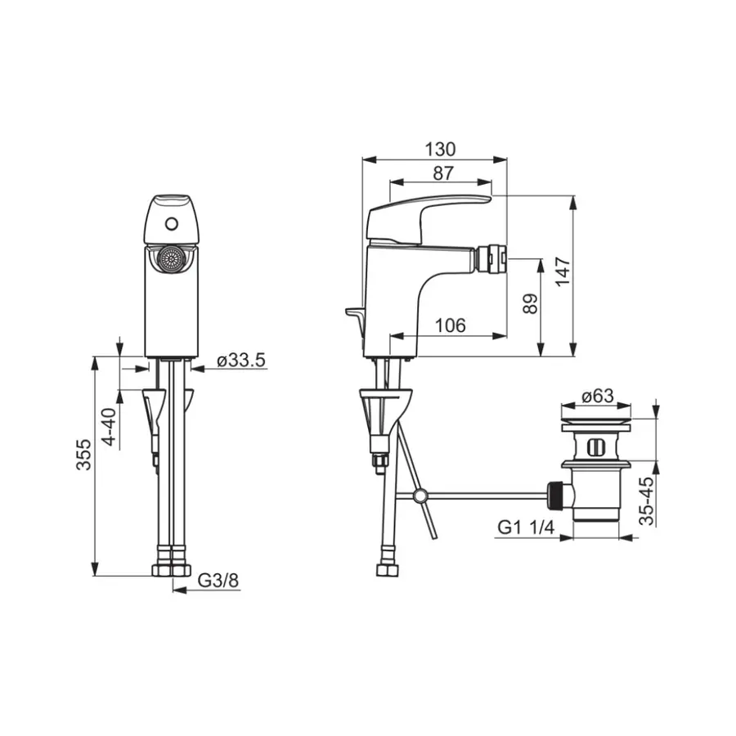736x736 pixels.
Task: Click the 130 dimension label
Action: pos(440,150)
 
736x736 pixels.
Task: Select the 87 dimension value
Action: pos(442,173)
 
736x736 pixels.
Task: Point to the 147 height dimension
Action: pos(563,272)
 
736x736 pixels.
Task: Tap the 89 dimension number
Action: pos(530,304)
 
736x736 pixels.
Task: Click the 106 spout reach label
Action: pos(450,325)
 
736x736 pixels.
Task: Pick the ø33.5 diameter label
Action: pos(241,360)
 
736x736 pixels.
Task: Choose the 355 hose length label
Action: pos(84,455)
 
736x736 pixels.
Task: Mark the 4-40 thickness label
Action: pos(109,427)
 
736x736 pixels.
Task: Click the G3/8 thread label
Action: pos(218,580)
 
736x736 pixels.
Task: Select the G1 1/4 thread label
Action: pos(526,527)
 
